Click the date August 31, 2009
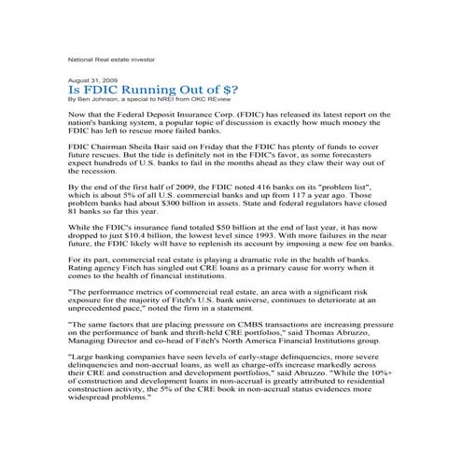pos(90,81)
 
